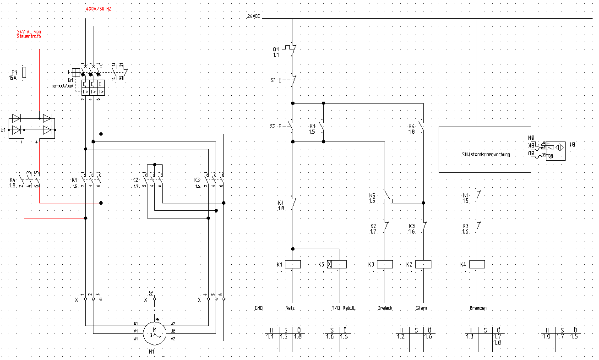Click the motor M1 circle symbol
coord(154,332)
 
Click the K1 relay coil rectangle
coord(293,264)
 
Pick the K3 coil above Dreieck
coord(385,264)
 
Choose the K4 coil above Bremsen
coord(477,264)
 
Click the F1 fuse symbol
coord(25,72)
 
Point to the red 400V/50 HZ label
coord(98,9)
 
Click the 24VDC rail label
coord(253,16)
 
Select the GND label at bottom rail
coord(258,308)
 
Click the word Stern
coord(421,308)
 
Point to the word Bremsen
coord(478,308)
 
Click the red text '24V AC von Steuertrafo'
coord(29,34)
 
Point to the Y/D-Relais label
coord(343,308)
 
